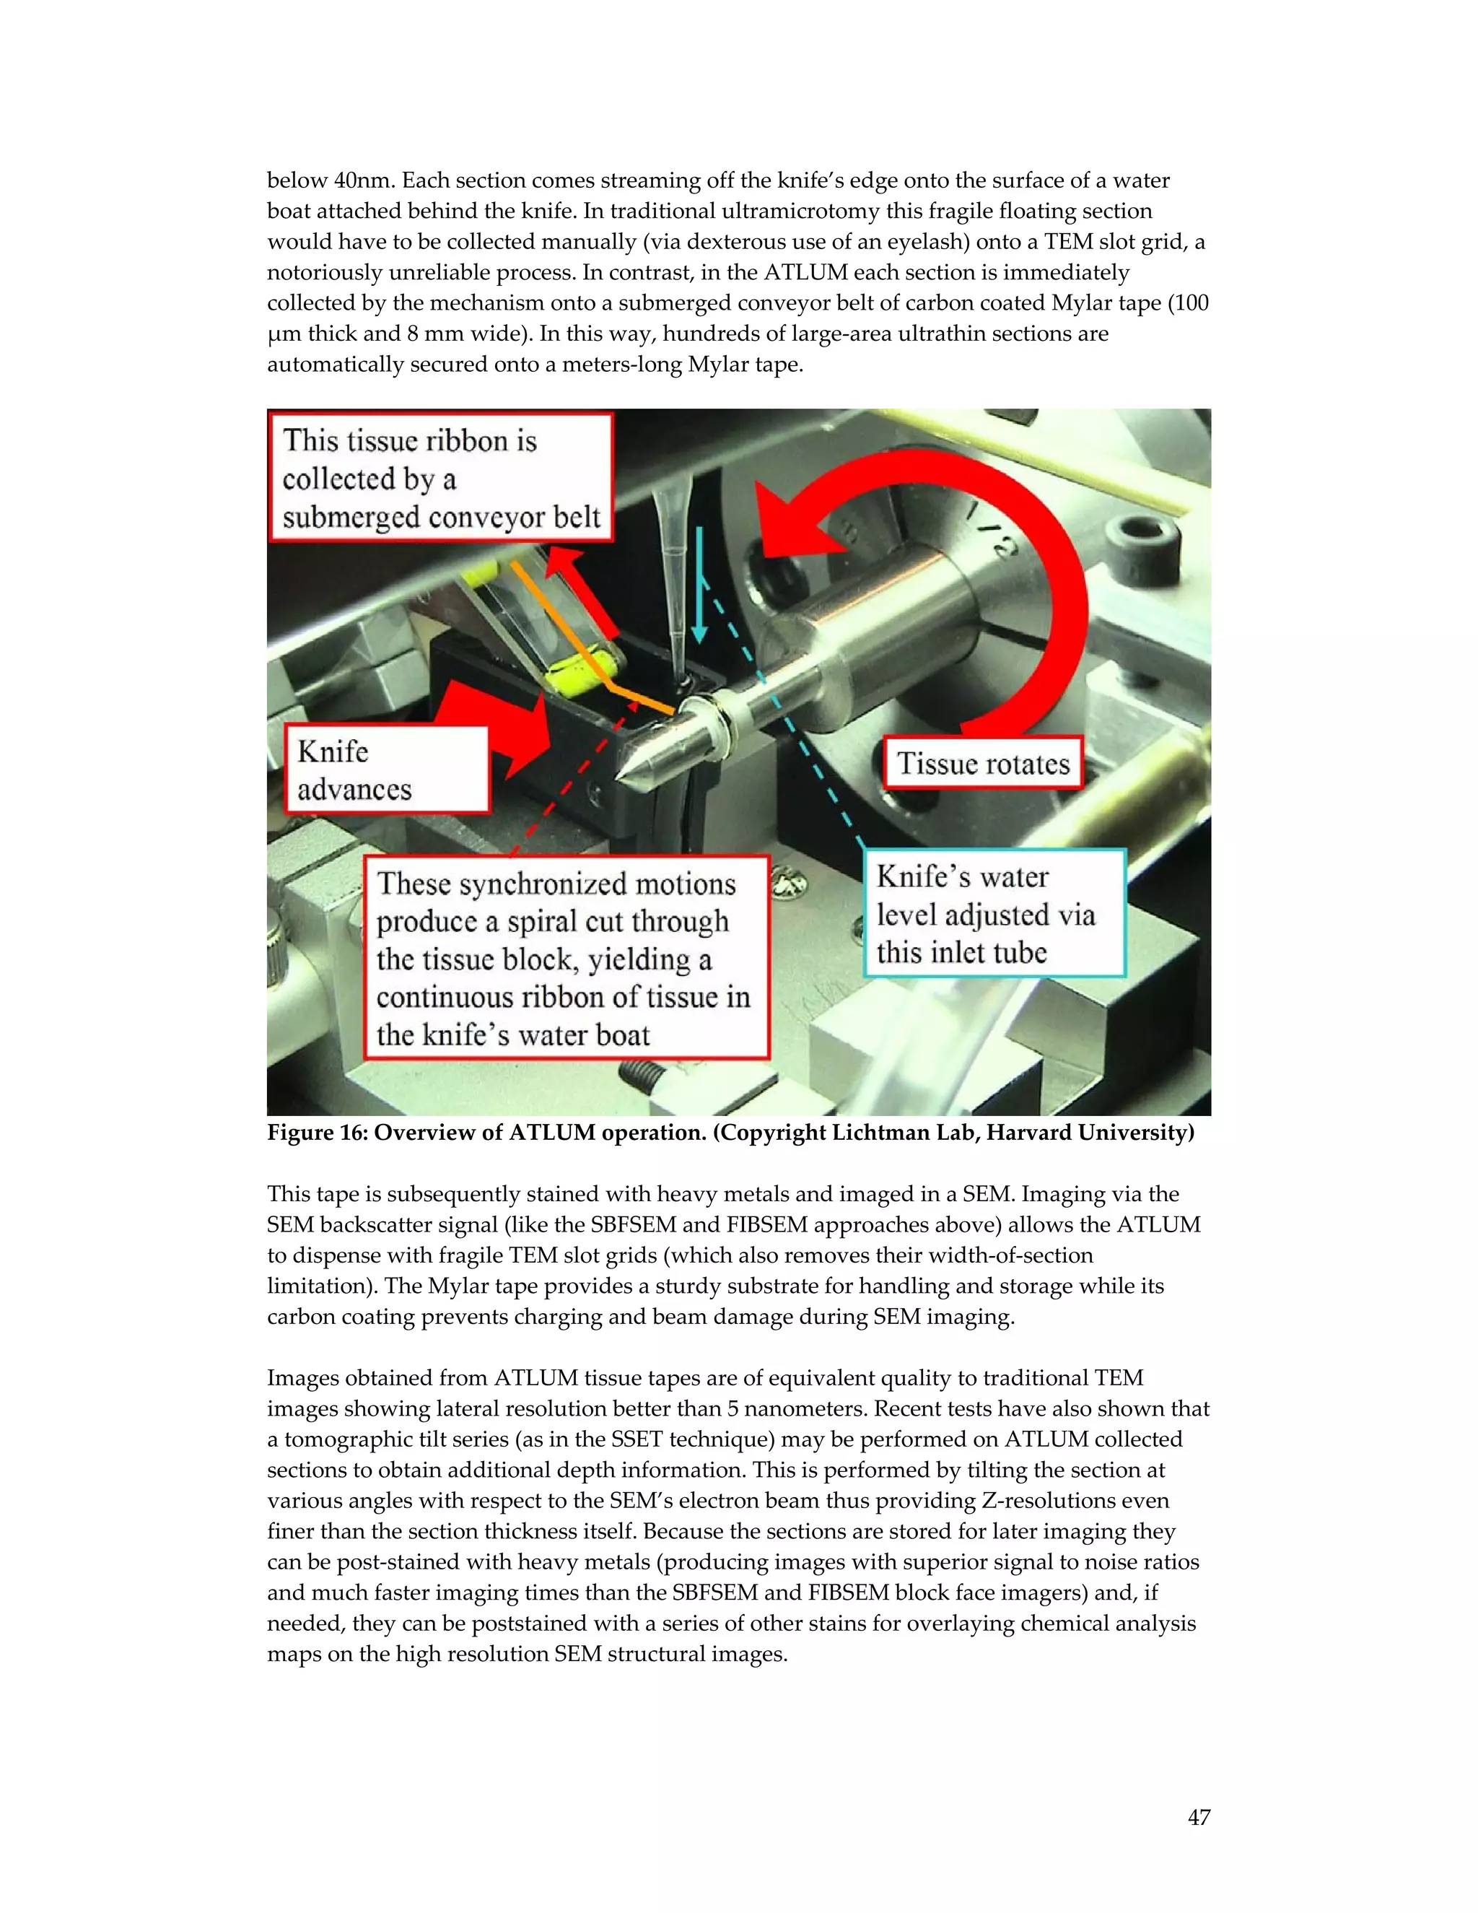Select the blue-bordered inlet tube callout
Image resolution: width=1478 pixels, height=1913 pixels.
coord(994,914)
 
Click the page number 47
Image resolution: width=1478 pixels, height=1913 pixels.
coord(1199,1818)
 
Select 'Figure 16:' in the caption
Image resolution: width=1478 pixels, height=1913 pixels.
coord(318,1133)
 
